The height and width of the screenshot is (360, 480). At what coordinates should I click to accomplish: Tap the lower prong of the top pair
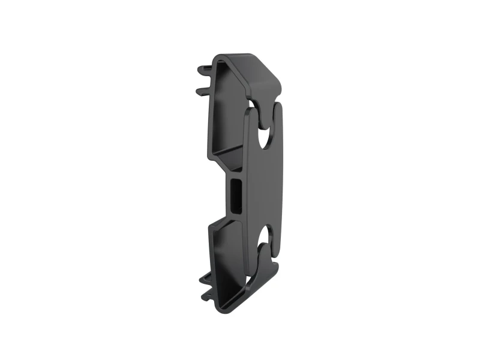click(202, 91)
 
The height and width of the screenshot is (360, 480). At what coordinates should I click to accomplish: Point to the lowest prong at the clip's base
click(208, 295)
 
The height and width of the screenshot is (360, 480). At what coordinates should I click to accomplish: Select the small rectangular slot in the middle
click(236, 196)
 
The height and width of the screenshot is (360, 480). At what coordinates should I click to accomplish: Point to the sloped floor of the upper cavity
click(228, 162)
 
